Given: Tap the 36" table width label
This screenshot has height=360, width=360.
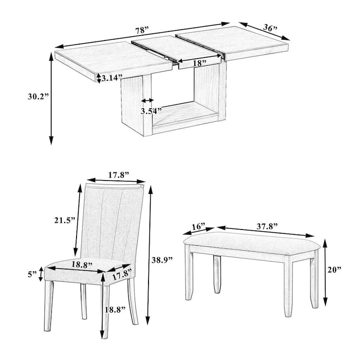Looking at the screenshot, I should click(x=270, y=28).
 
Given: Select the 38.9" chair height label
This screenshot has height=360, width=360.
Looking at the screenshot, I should click(x=162, y=260).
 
